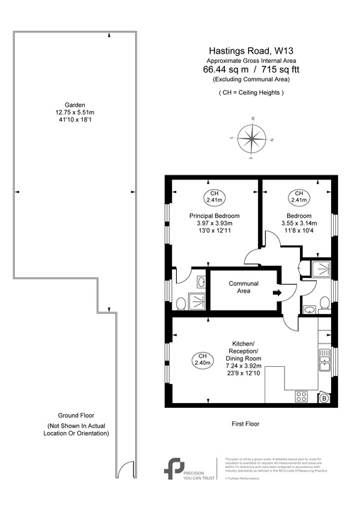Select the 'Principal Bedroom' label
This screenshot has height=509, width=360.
pos(214,216)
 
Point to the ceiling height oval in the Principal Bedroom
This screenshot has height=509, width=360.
pos(214,197)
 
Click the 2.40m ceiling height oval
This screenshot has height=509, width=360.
pos(202,360)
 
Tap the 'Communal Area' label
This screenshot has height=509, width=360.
pos(243,288)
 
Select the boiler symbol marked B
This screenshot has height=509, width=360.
pos(325,398)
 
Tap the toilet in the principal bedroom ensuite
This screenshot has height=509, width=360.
pos(181,303)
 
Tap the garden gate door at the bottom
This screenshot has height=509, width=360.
pos(125,468)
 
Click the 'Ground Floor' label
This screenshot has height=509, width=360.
pos(77,416)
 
